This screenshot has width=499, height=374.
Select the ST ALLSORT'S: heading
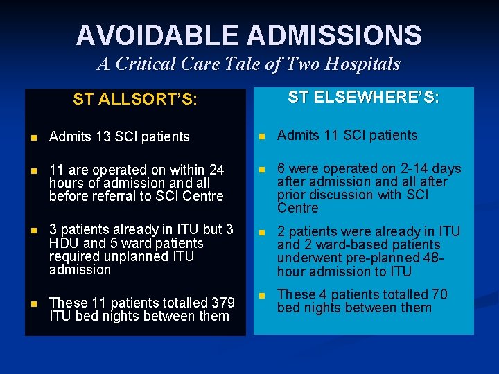click(x=135, y=99)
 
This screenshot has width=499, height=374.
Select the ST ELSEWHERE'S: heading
click(x=363, y=97)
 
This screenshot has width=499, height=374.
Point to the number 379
click(x=223, y=303)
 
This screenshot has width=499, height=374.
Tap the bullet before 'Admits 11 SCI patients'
click(x=261, y=136)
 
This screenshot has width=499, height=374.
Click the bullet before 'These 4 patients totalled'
click(x=261, y=295)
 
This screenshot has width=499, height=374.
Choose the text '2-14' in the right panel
click(x=402, y=168)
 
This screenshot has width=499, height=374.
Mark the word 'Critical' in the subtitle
click(x=158, y=64)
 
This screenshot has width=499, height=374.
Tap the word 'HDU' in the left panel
click(x=64, y=243)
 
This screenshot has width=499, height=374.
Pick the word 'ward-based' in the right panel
click(x=335, y=244)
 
